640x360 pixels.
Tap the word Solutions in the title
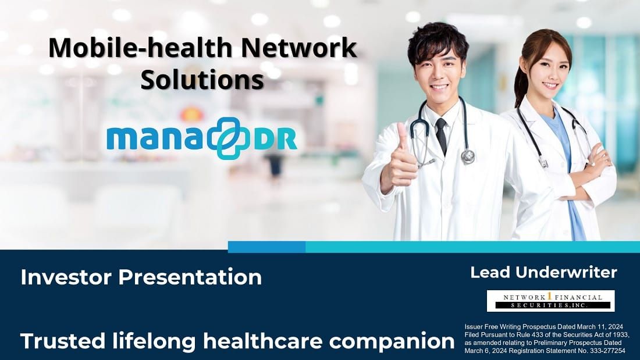pyautogui.click(x=202, y=79)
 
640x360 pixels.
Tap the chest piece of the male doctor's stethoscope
pyautogui.click(x=468, y=156)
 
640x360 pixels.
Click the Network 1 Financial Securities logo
pyautogui.click(x=550, y=301)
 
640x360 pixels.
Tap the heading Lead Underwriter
pyautogui.click(x=543, y=272)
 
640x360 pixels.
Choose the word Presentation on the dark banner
pyautogui.click(x=190, y=277)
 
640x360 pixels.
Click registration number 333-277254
pyautogui.click(x=602, y=351)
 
